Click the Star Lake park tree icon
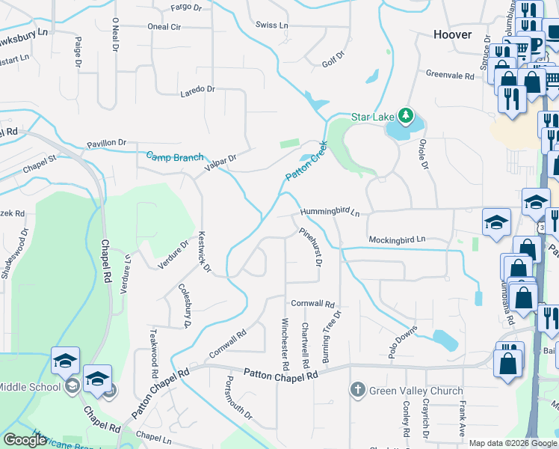pos(405,115)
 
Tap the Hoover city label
pos(453,35)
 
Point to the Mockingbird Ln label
pos(396,239)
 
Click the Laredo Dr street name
pos(197,89)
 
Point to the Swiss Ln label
pos(271,25)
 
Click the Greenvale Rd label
pos(450,76)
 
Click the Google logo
pos(25,440)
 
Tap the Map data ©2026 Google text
pos(513,443)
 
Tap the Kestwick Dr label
pos(203,252)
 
